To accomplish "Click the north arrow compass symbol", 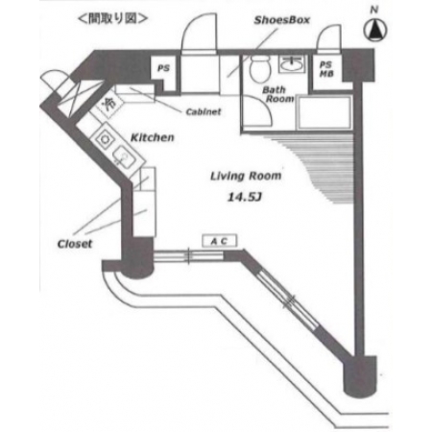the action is click(375, 30).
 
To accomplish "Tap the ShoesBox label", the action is click(282, 20).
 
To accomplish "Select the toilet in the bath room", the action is click(259, 69).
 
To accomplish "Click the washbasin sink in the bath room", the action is click(291, 64).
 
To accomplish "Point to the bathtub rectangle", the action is click(324, 112).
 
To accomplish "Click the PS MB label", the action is click(326, 69).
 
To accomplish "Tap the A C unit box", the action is click(220, 241).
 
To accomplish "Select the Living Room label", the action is click(246, 176).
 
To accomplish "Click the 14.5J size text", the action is click(245, 197).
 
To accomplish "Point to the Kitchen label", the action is click(153, 137).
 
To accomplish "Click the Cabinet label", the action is click(204, 111).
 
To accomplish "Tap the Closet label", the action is click(75, 244).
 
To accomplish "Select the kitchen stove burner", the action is click(105, 139).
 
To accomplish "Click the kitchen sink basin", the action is click(125, 156).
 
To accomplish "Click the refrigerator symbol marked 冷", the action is click(108, 103).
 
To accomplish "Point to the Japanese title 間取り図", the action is click(112, 18).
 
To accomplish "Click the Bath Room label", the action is click(277, 94).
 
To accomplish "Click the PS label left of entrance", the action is click(163, 68).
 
